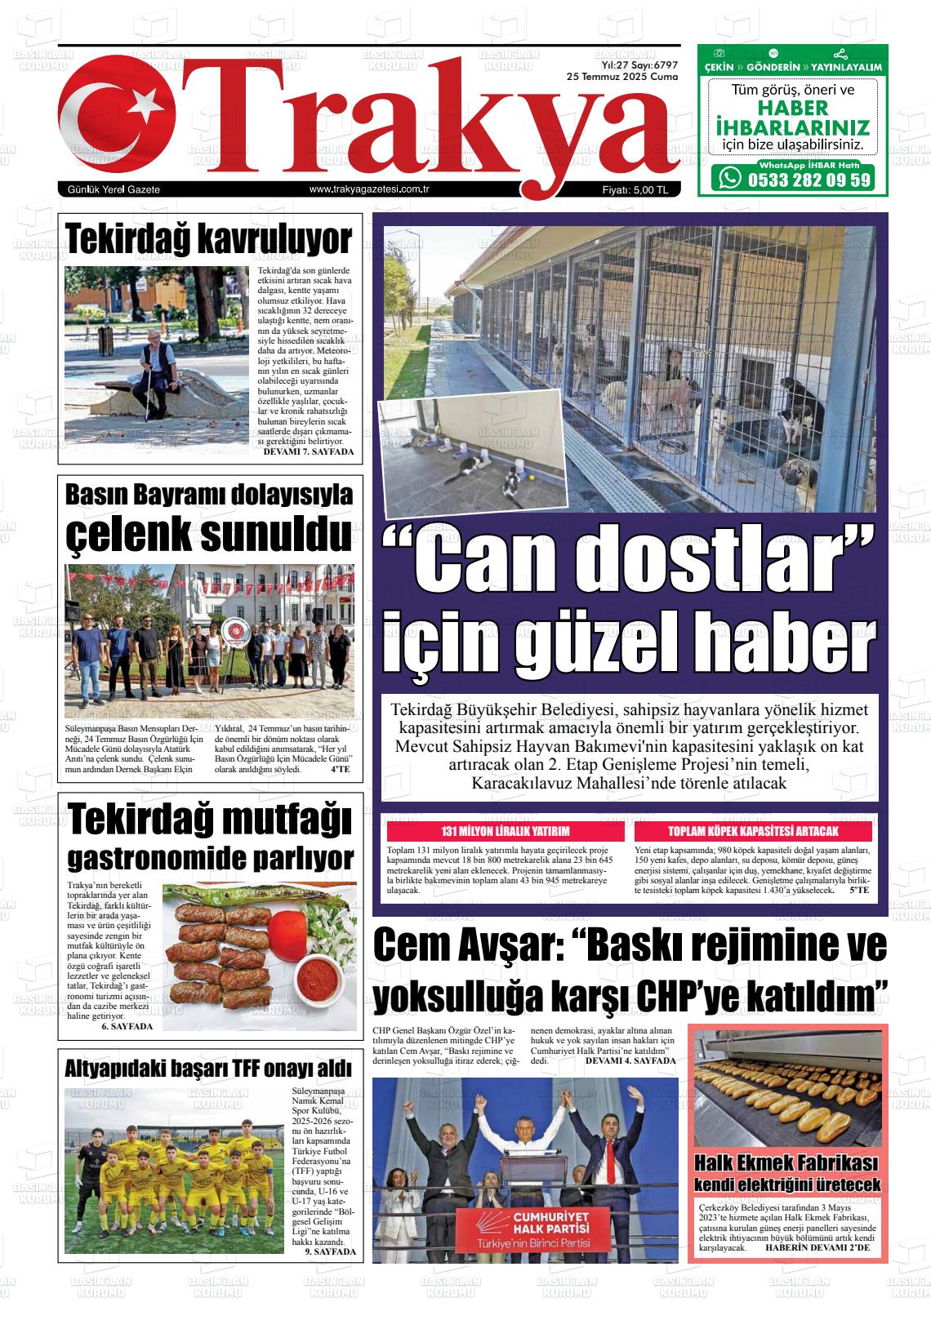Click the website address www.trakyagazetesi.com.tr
(x=370, y=189)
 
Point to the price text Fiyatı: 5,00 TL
(x=635, y=190)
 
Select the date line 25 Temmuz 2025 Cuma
(x=622, y=76)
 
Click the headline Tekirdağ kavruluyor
(x=208, y=238)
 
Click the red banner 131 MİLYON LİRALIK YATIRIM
(x=506, y=832)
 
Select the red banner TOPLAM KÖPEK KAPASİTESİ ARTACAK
(x=753, y=832)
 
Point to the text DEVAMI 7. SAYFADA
(x=309, y=451)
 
